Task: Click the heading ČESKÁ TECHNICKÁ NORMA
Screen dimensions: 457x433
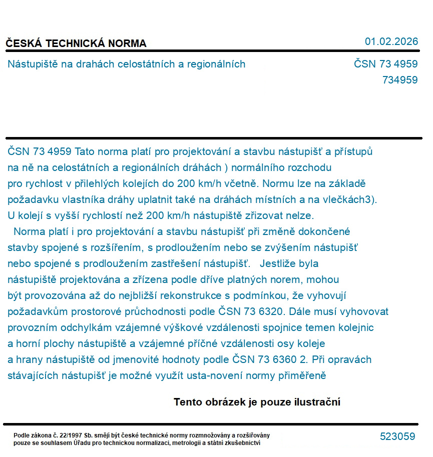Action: [x=76, y=43]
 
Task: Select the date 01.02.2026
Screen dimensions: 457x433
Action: [x=391, y=41]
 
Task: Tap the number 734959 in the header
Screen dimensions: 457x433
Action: [x=399, y=80]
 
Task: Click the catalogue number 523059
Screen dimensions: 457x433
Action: [x=397, y=436]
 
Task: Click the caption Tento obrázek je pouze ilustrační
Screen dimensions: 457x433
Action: [x=257, y=402]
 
